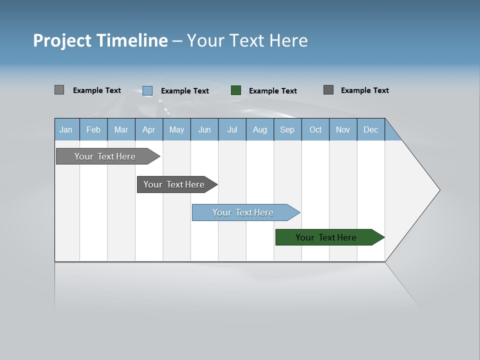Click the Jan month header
[x=66, y=130]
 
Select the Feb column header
[x=93, y=130]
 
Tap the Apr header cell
[x=148, y=130]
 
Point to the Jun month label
[x=204, y=130]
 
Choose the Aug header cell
[x=260, y=130]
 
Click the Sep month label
[x=287, y=130]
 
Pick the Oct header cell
[x=315, y=130]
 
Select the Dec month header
[x=371, y=130]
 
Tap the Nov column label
[x=343, y=130]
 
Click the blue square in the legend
[x=147, y=90]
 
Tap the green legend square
[x=236, y=90]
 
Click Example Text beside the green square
[x=273, y=91]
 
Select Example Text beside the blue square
[x=185, y=91]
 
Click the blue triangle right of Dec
[x=391, y=133]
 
